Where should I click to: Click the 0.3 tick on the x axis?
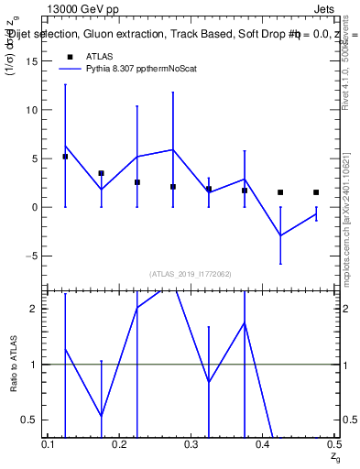pos(191,444)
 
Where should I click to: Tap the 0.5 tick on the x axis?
pos(333,444)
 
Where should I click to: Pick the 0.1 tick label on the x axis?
pos(49,444)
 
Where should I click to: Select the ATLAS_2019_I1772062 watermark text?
pos(191,274)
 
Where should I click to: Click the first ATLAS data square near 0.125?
pos(65,157)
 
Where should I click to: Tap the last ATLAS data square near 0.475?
pos(316,192)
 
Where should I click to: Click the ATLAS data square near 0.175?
pos(101,173)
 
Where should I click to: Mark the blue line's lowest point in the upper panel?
pos(280,235)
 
